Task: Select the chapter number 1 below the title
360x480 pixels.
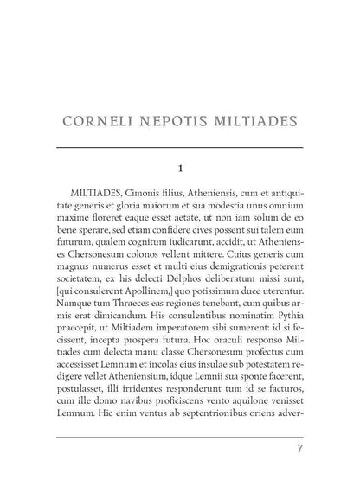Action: [x=180, y=167]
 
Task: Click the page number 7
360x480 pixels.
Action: [x=299, y=449]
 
